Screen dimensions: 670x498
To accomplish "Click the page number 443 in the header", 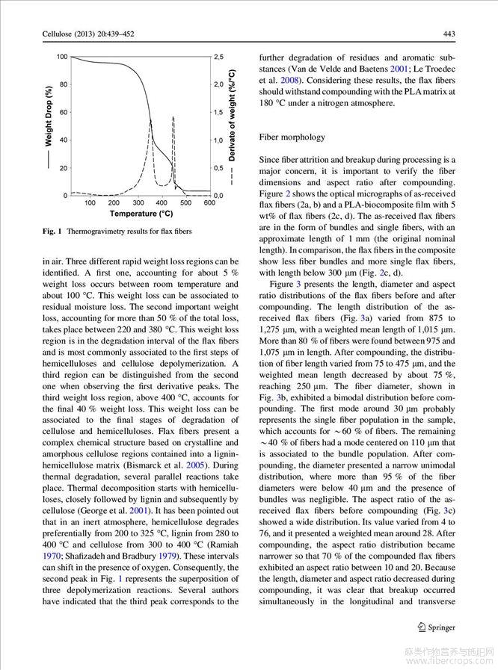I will click(449, 33).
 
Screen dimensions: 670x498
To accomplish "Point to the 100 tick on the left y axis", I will click(61, 57).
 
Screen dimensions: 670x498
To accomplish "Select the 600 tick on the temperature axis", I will click(209, 202).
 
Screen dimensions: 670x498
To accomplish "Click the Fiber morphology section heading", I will click(292, 137).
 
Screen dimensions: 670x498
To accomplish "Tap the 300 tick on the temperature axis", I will click(138, 202).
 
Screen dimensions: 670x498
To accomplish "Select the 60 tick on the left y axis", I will click(64, 112).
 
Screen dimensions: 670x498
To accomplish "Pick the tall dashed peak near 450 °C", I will click(173, 118).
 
